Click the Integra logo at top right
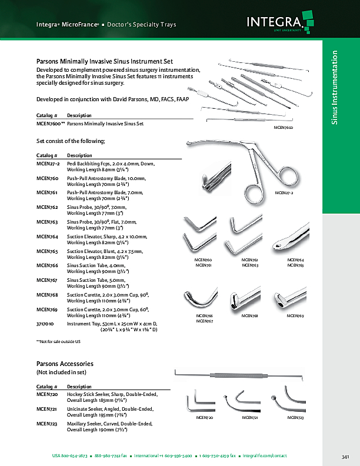coord(277,24)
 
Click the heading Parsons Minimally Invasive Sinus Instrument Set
coord(105,61)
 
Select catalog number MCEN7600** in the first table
coord(51,124)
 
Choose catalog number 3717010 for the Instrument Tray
coord(45,323)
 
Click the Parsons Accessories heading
coord(65,364)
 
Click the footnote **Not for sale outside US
coord(58,341)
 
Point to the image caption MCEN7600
coord(284,128)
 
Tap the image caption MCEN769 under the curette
coord(295,316)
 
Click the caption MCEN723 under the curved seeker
coord(295,418)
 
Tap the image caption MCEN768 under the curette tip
coord(250,316)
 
